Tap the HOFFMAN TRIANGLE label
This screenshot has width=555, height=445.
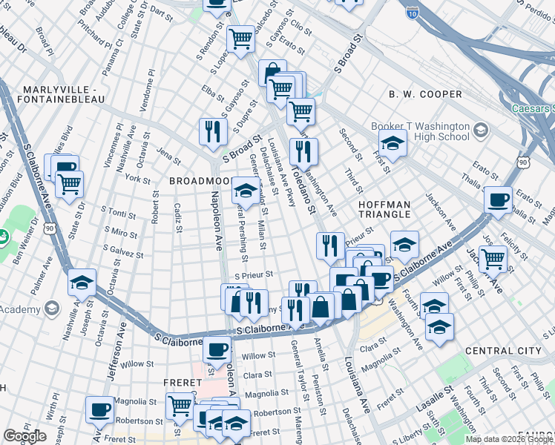coord(384,208)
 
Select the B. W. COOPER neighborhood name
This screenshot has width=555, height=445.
coord(425,94)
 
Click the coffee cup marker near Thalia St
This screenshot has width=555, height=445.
coord(498,200)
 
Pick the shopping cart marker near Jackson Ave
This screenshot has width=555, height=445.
coord(493,259)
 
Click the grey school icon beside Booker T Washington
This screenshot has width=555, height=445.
coord(480,131)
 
